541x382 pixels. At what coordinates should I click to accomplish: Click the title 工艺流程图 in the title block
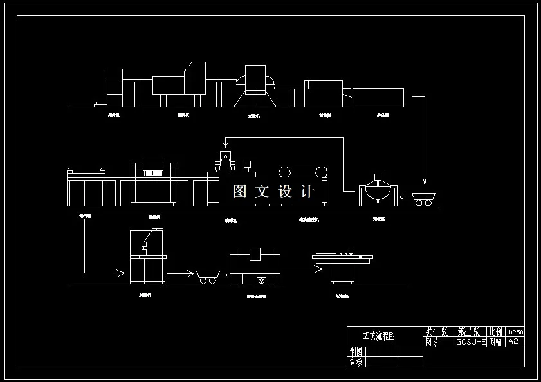[378, 336]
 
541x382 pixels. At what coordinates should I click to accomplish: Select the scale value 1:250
[515, 332]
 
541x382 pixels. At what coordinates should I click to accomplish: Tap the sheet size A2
[513, 342]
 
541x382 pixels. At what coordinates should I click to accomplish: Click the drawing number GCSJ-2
[471, 342]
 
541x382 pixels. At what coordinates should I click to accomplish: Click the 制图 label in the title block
[355, 352]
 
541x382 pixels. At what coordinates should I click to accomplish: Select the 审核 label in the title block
[355, 361]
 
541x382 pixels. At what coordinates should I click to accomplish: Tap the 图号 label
[432, 342]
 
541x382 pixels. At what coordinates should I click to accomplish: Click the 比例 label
[496, 332]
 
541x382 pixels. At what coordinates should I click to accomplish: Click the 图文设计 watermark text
[274, 192]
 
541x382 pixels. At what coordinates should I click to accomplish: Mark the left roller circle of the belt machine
[285, 172]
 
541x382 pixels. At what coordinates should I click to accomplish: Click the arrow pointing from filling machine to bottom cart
[180, 274]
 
